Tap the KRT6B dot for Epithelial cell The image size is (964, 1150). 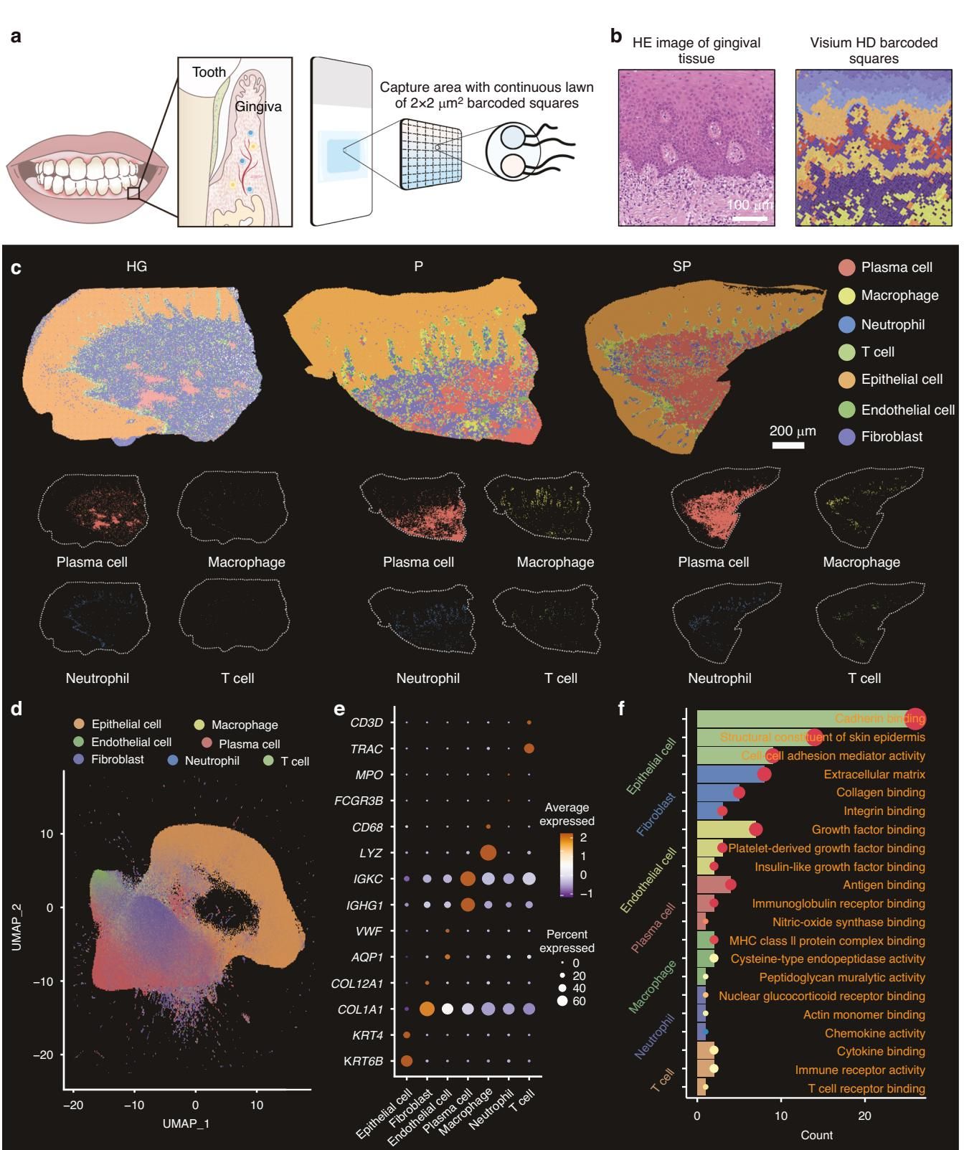(406, 1061)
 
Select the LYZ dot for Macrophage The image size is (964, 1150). (488, 853)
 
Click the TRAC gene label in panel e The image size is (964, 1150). (367, 748)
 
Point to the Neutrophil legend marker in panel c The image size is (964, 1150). (847, 324)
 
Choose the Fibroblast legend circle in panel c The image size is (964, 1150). (847, 436)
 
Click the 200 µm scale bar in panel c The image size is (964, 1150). (788, 446)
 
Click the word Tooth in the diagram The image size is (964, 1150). (209, 72)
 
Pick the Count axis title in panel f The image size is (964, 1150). (817, 1135)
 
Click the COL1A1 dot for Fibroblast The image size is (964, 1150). (426, 1009)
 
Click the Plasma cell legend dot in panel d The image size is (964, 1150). (206, 744)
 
